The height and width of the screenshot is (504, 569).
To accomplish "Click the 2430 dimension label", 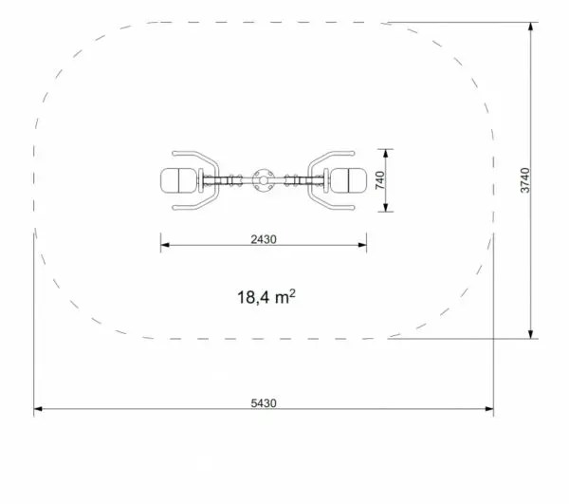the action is coord(264,239).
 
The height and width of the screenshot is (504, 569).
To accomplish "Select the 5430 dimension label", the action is coord(264,403).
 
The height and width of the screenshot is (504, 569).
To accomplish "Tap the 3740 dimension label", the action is coord(525,180).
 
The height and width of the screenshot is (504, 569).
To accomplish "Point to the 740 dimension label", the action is coord(380,180).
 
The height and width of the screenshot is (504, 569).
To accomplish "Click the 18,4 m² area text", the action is coord(266,297).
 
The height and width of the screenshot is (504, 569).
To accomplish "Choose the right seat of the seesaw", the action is coord(348,180).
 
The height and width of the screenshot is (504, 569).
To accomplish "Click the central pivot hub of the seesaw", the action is coord(264,180).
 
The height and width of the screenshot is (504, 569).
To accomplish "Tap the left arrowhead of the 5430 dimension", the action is coord(38,409).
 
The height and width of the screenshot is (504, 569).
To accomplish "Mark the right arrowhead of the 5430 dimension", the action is coord(489,409).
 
